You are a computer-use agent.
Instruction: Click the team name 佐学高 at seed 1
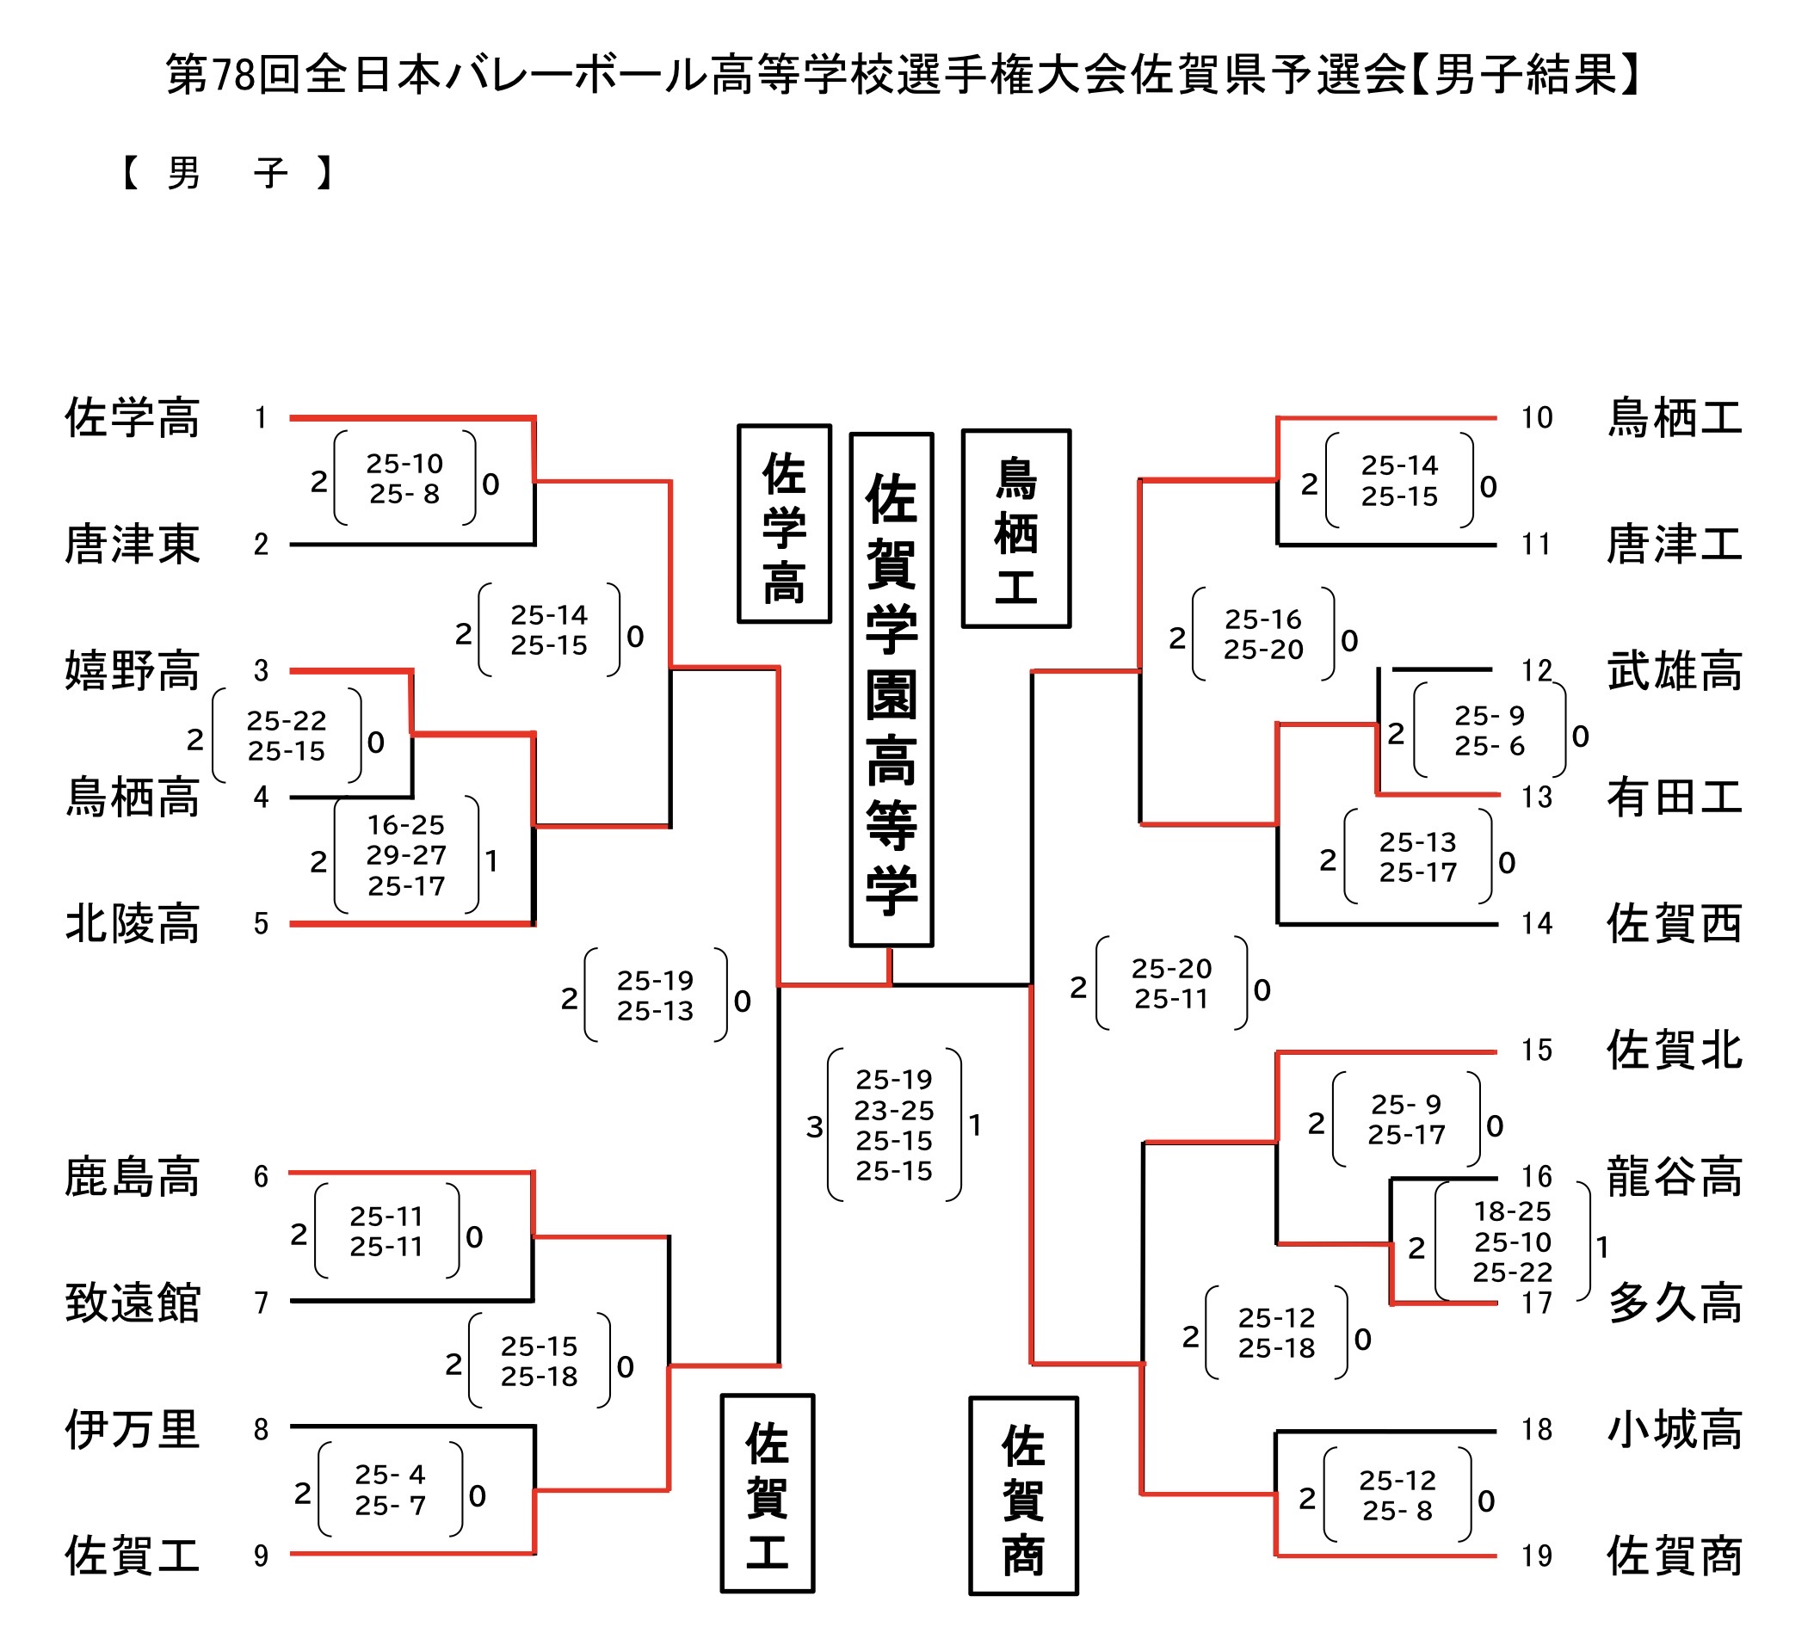coord(132,418)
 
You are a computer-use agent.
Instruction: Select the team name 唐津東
coord(132,545)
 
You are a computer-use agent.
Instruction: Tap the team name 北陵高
coord(132,924)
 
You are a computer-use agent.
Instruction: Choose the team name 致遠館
coord(132,1303)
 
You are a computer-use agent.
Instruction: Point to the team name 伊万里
coord(132,1429)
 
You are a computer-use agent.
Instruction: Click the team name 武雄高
coord(1674,671)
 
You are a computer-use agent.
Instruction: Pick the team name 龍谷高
coord(1674,1176)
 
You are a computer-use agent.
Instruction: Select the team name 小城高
coord(1674,1429)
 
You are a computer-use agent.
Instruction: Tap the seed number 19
coord(1537,1556)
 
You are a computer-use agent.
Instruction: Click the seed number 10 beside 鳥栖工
coord(1537,418)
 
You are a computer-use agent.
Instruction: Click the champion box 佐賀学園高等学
coord(892,689)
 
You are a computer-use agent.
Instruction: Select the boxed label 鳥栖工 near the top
coord(1016,528)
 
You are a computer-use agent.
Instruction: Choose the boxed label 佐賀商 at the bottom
coord(1023,1495)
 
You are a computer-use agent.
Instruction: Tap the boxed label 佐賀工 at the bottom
coord(768,1494)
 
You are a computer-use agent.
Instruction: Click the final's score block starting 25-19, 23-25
coord(894,1125)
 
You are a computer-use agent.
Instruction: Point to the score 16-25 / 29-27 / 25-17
coord(405,855)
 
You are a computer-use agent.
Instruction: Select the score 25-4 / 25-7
coord(390,1489)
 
